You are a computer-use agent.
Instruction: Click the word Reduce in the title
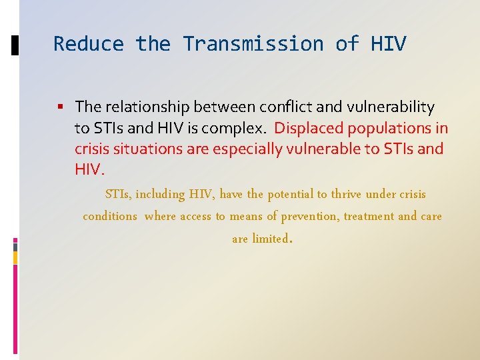click(89, 44)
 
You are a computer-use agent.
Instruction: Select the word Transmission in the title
click(253, 44)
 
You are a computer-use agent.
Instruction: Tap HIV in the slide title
click(388, 44)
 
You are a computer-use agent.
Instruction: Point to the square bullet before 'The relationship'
click(61, 107)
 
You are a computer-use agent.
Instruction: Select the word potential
click(290, 195)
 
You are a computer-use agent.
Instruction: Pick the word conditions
click(110, 217)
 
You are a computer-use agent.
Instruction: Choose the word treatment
click(368, 217)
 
